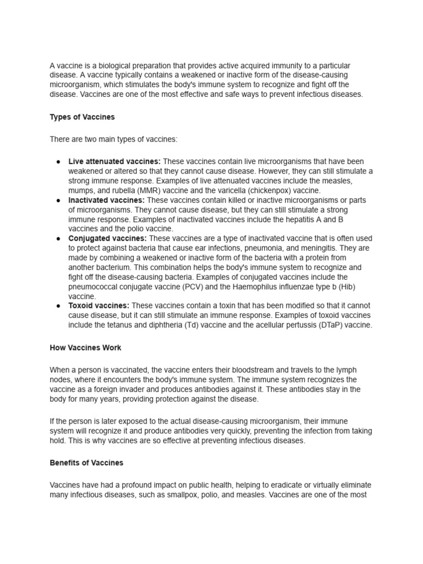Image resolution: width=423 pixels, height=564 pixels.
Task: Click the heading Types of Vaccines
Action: pos(82,117)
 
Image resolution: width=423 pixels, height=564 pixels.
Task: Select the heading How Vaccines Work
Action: pos(85,348)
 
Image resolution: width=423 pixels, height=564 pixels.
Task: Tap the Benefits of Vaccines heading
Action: pos(86,463)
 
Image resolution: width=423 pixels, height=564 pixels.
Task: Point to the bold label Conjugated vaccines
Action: pos(107,238)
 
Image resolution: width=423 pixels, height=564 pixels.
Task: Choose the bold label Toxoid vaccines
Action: pos(99,306)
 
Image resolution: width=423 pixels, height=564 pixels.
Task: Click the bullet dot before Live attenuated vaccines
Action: pos(58,161)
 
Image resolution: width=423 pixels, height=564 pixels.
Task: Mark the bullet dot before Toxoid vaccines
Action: pos(58,306)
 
